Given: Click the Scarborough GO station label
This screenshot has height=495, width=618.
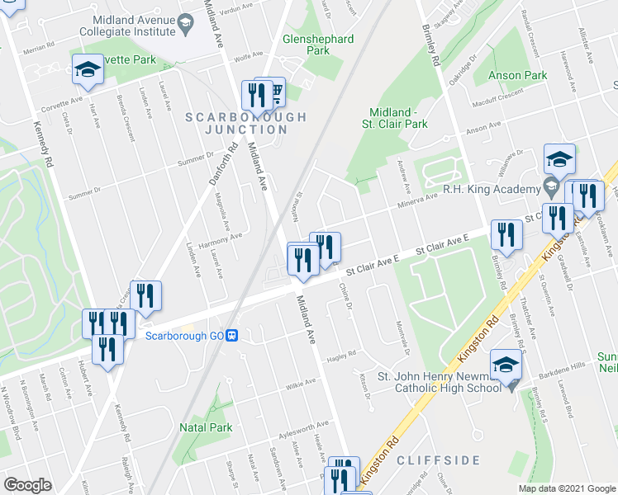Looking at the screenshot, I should click(185, 336).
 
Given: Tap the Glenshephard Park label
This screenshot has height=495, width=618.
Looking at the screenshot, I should click(318, 45).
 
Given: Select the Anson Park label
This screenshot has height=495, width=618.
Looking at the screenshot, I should click(517, 75).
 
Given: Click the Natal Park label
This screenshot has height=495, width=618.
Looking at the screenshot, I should click(206, 427).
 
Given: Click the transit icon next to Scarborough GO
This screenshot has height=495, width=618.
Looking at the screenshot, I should click(234, 336).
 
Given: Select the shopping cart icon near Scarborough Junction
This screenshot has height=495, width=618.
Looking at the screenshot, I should click(275, 91).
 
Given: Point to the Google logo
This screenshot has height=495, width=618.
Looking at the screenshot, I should click(27, 485).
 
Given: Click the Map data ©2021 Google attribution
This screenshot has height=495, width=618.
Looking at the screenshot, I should click(566, 488).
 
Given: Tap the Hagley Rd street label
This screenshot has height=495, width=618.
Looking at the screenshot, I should click(340, 354).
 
